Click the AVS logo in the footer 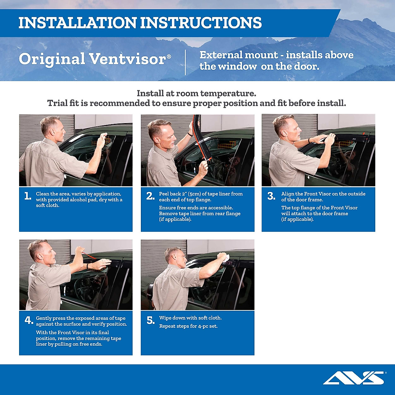[354, 378]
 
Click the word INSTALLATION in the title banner [77, 23]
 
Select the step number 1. [28, 196]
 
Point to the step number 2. [150, 196]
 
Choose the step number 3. [271, 196]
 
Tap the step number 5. [150, 320]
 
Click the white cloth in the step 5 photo [224, 257]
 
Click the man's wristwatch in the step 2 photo [190, 134]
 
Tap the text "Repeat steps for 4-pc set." [188, 326]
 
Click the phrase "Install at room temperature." [196, 93]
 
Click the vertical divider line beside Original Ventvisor [185, 62]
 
